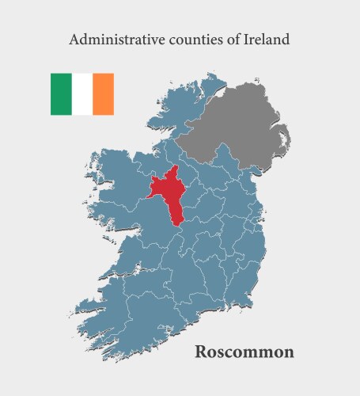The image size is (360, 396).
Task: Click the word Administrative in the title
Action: point(108,39)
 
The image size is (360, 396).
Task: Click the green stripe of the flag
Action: point(61,93)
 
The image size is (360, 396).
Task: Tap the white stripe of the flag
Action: point(82,93)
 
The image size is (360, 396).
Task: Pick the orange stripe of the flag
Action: point(103,93)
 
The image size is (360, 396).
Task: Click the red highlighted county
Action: point(170,194)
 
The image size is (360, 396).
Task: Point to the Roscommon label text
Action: point(244,351)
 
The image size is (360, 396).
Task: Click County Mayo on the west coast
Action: point(119,178)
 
